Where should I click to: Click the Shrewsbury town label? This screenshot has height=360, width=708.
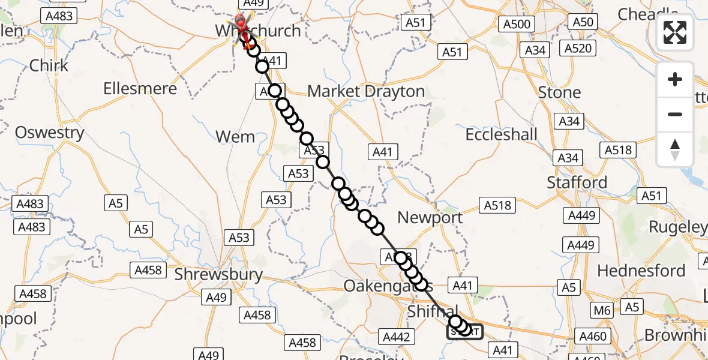point(218,275)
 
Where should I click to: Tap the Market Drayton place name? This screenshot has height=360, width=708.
point(366,92)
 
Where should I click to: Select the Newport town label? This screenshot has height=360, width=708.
point(430,218)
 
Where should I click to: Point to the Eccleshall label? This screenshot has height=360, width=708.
point(502,134)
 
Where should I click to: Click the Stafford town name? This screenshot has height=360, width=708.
point(577,182)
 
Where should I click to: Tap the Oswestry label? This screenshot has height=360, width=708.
point(50,133)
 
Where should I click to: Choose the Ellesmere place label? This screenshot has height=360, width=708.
point(140,89)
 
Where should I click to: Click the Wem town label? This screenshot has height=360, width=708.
point(235,137)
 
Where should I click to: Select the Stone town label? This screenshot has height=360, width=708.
point(559,92)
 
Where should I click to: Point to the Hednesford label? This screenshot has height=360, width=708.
point(641,271)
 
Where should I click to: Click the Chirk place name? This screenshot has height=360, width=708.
point(49,65)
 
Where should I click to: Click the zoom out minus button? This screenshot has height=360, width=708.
point(675,114)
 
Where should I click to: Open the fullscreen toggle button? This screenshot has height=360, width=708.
point(675,32)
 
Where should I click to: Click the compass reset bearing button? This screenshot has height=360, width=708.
point(675,149)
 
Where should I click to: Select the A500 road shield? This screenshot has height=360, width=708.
point(517,24)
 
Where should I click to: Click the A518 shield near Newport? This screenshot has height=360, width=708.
point(497,205)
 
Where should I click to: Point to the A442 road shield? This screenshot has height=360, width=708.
point(397,337)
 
